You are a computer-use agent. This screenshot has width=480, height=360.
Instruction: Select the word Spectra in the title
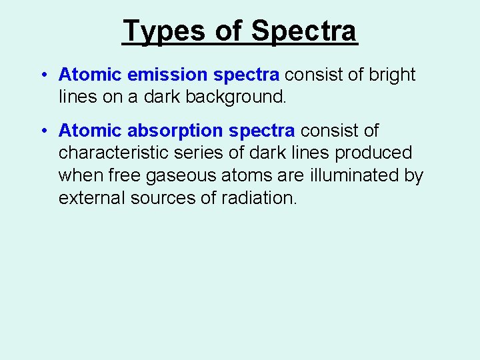(304, 31)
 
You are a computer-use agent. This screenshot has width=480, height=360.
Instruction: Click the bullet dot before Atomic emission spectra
(43, 75)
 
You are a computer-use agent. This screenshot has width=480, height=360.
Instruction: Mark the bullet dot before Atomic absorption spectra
(43, 131)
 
